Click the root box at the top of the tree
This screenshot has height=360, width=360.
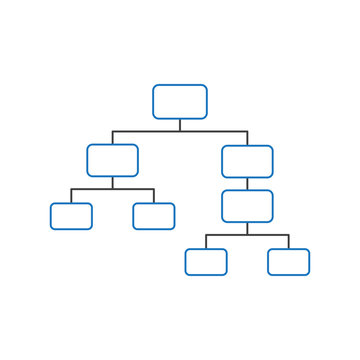pos(180,101)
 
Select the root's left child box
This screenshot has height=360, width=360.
pos(112,160)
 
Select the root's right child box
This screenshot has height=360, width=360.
pos(247,161)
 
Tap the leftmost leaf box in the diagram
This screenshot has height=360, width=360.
pos(71,216)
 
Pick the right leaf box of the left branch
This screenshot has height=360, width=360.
pos(153,216)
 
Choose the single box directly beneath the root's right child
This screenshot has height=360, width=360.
pos(247,205)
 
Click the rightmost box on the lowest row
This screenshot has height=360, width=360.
pos(288,261)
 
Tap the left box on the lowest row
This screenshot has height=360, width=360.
pos(206,261)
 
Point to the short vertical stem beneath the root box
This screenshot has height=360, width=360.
pos(180,125)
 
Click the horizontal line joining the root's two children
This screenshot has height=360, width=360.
pos(180,131)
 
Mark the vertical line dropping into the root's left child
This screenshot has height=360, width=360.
pos(112,138)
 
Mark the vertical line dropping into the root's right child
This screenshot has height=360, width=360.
pos(247,138)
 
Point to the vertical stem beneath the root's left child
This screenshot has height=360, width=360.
pos(112,182)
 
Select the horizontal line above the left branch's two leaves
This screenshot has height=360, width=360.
pos(112,188)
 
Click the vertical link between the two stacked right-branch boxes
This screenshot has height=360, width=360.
pos(247,183)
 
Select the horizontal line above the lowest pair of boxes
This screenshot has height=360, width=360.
pos(247,235)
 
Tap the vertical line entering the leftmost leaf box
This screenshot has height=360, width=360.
pos(71,196)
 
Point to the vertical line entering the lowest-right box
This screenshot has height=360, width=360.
pos(288,242)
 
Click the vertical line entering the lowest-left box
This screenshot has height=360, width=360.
pos(206,242)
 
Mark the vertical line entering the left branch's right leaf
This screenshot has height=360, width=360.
pos(153,196)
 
